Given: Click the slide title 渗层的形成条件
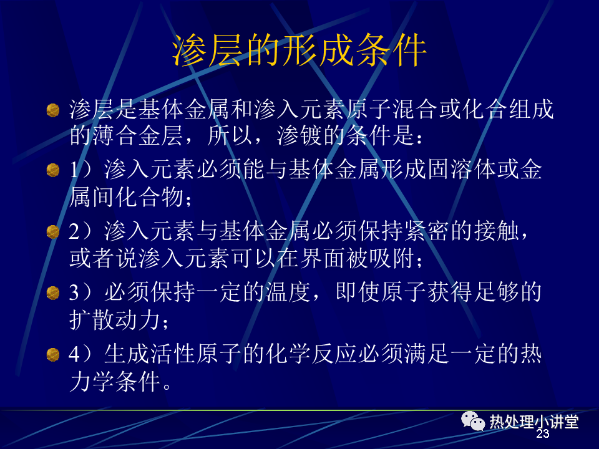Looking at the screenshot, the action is (299, 50).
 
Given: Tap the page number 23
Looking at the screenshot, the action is (542, 433).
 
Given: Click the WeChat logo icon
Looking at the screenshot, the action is (472, 421).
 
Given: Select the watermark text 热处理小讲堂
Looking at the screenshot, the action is (533, 422).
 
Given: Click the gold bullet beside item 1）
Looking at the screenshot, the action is (52, 170).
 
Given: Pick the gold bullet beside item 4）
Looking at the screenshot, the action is (52, 355).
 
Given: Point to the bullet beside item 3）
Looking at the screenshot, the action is (52, 293).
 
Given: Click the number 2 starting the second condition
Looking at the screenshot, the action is (74, 231).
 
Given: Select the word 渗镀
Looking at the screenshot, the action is (299, 135).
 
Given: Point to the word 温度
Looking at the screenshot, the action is (288, 292).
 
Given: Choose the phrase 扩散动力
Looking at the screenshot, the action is (115, 319).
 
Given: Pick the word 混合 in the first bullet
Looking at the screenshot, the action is (416, 109).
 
